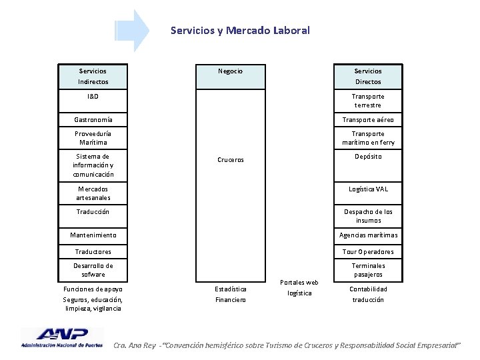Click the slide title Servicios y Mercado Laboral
tap(240, 30)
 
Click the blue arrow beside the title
tap(133, 31)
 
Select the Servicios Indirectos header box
tap(93, 76)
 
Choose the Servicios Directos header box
tap(368, 76)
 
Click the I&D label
tap(93, 97)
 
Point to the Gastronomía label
tap(93, 120)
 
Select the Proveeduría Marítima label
tap(93, 138)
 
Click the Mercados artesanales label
tap(93, 193)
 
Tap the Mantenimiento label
tap(93, 235)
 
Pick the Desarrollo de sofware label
tap(93, 270)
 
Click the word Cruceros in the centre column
tap(231, 160)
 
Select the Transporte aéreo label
tap(368, 120)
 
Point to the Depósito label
tap(368, 156)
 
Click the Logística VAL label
tap(368, 189)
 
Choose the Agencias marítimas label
tap(368, 235)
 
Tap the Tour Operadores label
tap(368, 251)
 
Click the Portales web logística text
tap(299, 287)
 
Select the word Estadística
tap(231, 289)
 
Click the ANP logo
tap(62, 337)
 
